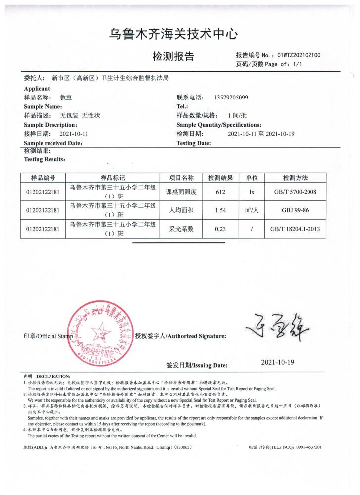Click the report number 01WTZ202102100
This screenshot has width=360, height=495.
[x=299, y=55]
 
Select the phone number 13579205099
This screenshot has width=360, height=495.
[x=231, y=98]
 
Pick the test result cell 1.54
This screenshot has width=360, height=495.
[x=221, y=210]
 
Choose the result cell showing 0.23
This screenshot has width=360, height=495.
[x=221, y=229]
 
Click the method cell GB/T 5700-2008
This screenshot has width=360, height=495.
[x=296, y=192]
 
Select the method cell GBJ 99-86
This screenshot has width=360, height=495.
[x=296, y=210]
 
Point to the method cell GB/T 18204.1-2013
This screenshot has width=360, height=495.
[x=296, y=229]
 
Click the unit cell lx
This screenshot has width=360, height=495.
[x=252, y=192]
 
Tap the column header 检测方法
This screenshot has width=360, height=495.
[x=296, y=178]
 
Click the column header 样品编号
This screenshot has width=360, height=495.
[x=43, y=178]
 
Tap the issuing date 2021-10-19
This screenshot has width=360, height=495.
[x=277, y=362]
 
